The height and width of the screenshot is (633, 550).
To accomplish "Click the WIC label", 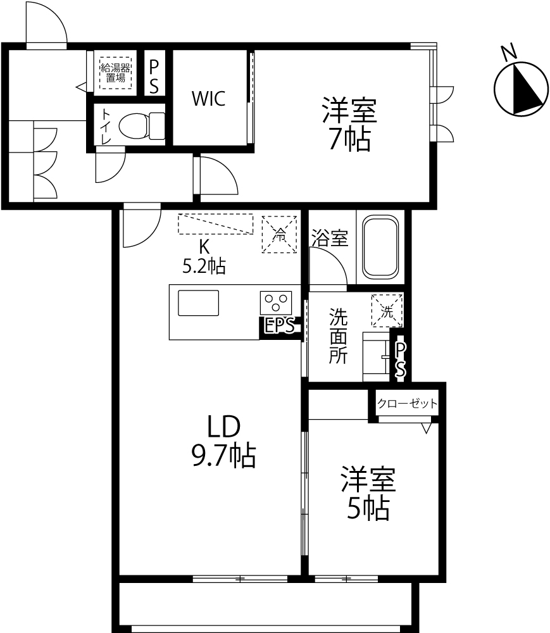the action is (x=208, y=99).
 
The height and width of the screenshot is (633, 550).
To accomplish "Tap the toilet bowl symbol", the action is (x=142, y=125).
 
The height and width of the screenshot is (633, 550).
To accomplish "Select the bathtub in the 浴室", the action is (x=380, y=247).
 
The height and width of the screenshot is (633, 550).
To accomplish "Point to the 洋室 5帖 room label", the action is (x=368, y=493).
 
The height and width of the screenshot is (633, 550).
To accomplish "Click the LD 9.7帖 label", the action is (x=223, y=441).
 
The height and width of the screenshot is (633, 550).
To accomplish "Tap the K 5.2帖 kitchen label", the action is (x=204, y=257).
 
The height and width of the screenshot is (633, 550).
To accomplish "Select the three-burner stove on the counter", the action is (x=276, y=303).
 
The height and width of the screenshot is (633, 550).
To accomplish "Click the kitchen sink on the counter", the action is (x=199, y=303).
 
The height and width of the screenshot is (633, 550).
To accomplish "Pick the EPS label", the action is (x=280, y=325).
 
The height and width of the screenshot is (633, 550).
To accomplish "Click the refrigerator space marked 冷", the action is (x=279, y=235).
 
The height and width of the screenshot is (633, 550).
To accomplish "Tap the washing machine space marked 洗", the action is (x=387, y=310).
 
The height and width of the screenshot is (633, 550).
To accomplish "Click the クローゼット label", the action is (x=407, y=403).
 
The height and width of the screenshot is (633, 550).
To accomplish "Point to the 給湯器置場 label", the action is (x=115, y=73).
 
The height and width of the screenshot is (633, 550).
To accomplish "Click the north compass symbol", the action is (x=522, y=89).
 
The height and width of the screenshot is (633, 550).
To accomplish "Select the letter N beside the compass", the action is (x=509, y=52).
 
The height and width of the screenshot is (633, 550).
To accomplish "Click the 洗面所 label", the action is (x=338, y=336).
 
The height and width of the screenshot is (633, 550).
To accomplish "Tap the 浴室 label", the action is (x=330, y=238).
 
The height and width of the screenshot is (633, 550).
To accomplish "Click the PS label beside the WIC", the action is (x=154, y=76).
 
